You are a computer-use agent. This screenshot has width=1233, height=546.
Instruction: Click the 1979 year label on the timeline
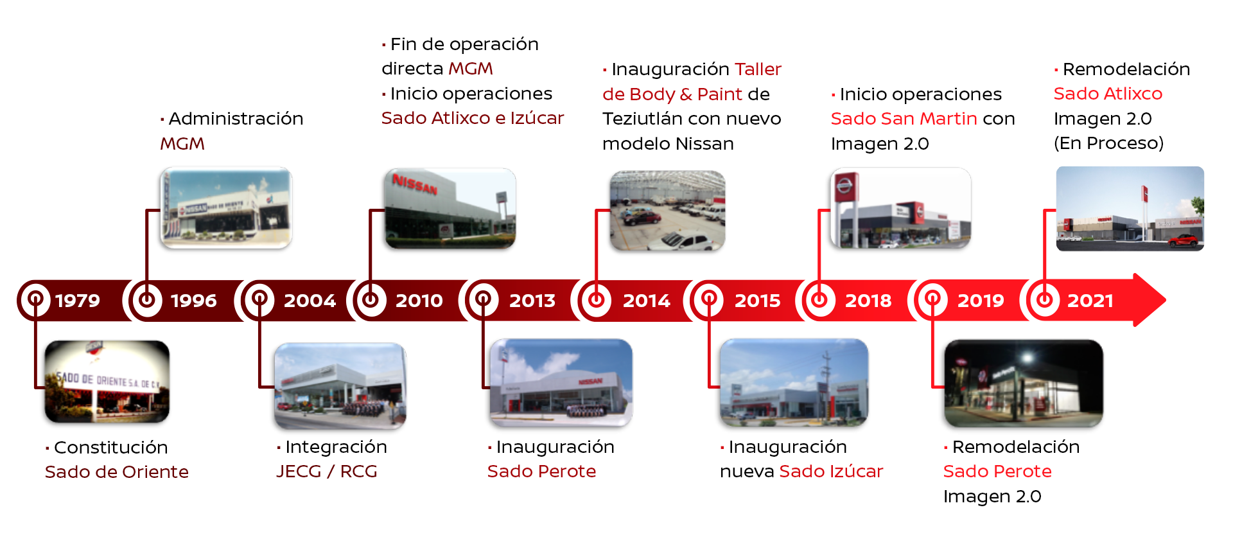point(78,300)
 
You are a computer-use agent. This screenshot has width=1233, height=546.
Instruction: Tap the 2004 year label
point(310,300)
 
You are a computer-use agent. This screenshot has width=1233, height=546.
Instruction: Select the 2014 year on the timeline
point(646,300)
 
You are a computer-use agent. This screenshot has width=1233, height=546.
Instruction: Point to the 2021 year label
point(1090,300)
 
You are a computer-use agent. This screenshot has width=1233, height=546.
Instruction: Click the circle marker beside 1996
point(147,300)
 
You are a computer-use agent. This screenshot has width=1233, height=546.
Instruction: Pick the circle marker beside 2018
point(819,300)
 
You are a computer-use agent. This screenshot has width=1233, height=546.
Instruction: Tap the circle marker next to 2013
point(483,300)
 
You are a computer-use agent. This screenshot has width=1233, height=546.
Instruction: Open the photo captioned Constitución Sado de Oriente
point(107,382)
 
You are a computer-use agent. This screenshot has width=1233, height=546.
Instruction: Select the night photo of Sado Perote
point(1024,383)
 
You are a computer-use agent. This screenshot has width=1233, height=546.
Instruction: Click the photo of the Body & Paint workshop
point(667,211)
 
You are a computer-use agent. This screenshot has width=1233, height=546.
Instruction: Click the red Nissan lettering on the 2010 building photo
point(415,185)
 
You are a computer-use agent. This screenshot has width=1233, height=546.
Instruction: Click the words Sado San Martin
point(904,119)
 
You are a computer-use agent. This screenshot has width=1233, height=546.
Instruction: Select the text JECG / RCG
point(326,471)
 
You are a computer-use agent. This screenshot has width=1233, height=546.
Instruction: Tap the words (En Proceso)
point(1108,143)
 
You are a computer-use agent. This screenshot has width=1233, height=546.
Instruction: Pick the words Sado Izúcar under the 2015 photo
point(831,471)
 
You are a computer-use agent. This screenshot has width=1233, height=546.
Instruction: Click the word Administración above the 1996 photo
point(236,119)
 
